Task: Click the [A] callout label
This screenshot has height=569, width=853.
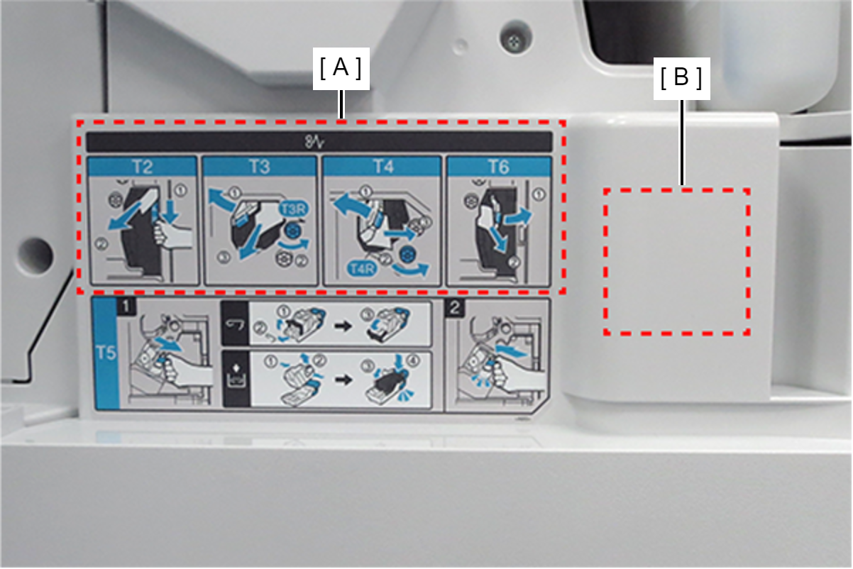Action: point(341,69)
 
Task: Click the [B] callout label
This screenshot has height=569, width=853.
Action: point(682,79)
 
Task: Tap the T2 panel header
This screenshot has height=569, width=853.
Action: point(143,167)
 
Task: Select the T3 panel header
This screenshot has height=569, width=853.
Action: point(260,167)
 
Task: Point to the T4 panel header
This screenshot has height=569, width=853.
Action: point(383,167)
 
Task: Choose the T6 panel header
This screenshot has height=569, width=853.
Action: point(499,167)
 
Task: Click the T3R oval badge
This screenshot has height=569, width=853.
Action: point(294,209)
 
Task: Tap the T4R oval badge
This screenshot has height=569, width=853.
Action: point(362,269)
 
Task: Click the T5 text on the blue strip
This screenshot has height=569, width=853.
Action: point(106,353)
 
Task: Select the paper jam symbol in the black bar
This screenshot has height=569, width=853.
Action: point(314,142)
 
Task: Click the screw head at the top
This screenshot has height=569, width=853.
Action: point(514,39)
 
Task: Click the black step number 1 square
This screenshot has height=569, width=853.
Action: point(127,307)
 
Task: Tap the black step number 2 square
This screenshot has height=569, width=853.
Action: point(455,307)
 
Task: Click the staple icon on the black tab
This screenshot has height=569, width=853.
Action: point(235,324)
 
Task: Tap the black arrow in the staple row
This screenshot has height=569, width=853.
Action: point(343,326)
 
